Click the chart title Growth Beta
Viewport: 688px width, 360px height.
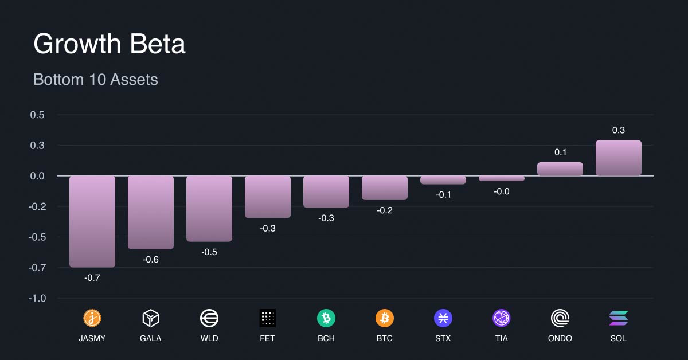110,44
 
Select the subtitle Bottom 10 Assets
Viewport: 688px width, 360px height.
96,80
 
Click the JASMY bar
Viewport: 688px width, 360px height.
92,221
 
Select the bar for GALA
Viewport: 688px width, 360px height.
151,212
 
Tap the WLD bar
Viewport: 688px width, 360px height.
209,209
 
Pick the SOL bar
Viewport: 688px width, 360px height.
619,158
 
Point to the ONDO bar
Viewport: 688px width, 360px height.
560,169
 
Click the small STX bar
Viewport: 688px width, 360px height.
443,180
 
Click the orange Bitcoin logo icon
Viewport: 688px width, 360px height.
385,318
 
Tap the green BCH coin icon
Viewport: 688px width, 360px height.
326,318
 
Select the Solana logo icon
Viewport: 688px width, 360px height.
619,318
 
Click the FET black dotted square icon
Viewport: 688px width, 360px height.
268,318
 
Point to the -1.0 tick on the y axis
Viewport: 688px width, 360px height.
37,298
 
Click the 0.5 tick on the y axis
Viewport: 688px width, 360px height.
37,115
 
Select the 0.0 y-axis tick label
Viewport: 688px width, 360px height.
37,176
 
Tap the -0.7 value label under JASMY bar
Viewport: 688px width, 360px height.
92,277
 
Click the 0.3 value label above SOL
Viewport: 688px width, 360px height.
619,130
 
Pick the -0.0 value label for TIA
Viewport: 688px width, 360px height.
502,191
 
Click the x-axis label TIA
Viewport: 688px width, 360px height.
502,338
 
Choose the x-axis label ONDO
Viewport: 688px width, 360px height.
560,338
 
